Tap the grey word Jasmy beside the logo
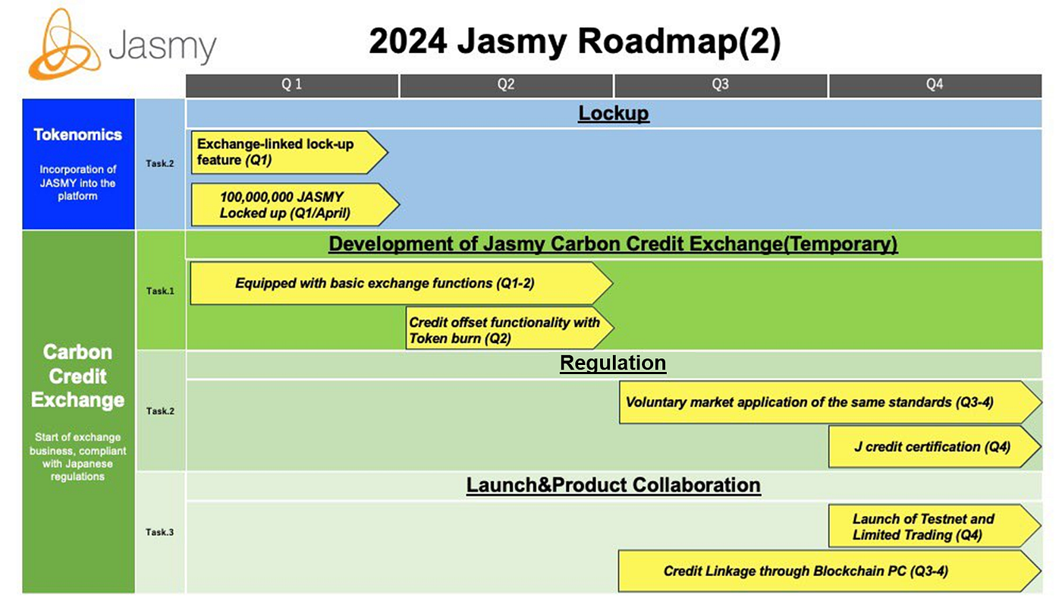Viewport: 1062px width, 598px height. pos(162,46)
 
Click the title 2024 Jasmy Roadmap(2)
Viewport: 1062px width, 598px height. pos(574,42)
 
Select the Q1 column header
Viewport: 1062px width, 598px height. pos(292,85)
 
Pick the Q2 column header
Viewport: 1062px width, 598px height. pos(506,85)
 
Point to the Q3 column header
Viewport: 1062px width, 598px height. pos(720,85)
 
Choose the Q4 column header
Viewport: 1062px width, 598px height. pos(934,85)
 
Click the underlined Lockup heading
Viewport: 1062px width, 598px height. pos(613,113)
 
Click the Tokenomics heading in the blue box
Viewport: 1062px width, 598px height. pos(77,134)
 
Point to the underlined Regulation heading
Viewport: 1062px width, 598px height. pos(612,364)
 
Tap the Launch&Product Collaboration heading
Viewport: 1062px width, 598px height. pos(613,485)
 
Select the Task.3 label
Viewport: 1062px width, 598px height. pos(159,532)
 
